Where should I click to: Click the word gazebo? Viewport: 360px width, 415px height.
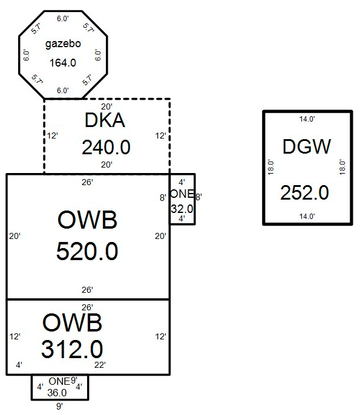(63, 44)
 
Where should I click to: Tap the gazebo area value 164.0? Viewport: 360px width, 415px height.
(63, 63)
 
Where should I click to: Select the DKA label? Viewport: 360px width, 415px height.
(105, 120)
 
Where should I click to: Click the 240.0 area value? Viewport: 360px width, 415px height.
(106, 148)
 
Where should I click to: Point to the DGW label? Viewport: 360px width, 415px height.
(307, 146)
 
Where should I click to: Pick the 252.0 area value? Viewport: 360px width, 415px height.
(305, 192)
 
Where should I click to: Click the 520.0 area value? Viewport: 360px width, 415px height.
(87, 251)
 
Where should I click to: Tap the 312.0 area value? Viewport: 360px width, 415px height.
(72, 349)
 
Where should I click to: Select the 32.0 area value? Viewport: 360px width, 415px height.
(182, 209)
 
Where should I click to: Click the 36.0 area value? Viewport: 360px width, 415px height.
(57, 393)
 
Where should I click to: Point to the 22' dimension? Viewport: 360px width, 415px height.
(100, 365)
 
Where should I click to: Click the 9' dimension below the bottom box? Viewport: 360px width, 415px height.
(59, 406)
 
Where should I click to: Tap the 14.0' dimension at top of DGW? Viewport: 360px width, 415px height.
(307, 119)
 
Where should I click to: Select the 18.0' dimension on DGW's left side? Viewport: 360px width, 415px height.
(271, 167)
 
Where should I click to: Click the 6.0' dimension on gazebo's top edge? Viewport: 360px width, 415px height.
(63, 19)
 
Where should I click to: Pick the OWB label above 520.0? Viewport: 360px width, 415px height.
(87, 220)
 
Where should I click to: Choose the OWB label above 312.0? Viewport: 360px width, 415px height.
(72, 322)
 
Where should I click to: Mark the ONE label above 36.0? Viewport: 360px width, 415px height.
(59, 381)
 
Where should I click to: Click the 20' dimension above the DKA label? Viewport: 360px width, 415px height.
(106, 106)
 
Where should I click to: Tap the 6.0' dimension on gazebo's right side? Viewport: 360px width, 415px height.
(98, 55)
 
